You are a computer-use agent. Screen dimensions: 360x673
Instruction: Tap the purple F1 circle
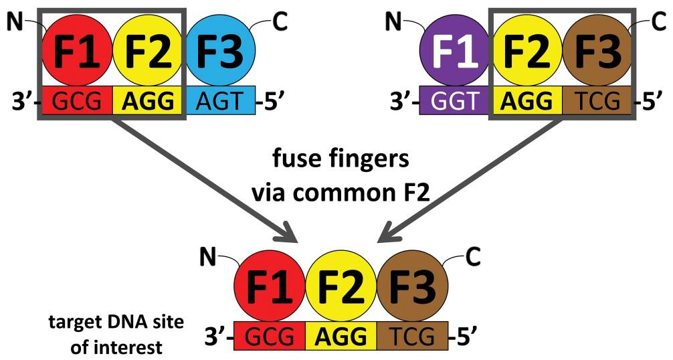tap(455, 52)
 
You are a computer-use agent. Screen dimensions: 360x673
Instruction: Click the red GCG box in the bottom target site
tap(269, 335)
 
